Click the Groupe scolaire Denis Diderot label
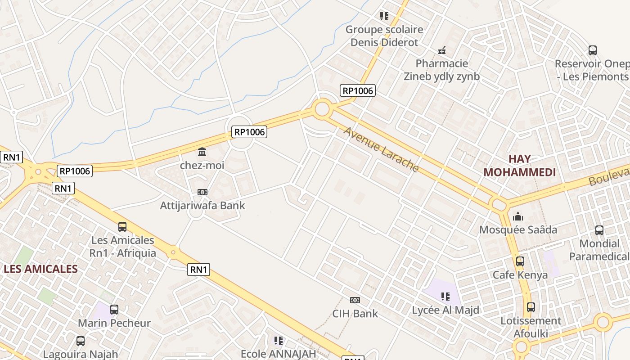point(384,36)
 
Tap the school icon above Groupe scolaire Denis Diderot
point(384,17)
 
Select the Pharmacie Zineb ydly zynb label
point(441,70)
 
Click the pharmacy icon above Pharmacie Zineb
point(442,50)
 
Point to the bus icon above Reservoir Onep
point(592,50)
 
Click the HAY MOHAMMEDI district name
point(519,166)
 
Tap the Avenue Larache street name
point(381,149)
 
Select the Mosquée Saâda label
point(518,230)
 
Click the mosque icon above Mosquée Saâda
point(518,216)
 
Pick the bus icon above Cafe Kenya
point(520,261)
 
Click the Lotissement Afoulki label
point(531,327)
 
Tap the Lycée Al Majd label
point(445,310)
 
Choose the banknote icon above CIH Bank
point(355,300)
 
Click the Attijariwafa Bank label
point(202,206)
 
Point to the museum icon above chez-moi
point(202,152)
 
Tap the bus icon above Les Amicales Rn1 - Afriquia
point(122,227)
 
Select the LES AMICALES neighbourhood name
point(41,269)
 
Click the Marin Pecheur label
point(114,323)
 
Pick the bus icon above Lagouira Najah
point(81,341)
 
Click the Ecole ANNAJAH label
point(279,354)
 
